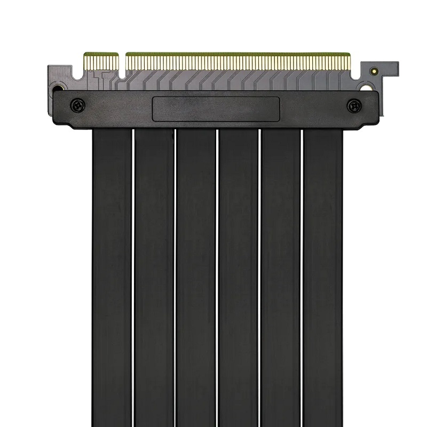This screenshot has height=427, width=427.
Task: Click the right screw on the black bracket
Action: coord(353,106)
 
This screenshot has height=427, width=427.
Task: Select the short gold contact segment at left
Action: coord(101,64)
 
